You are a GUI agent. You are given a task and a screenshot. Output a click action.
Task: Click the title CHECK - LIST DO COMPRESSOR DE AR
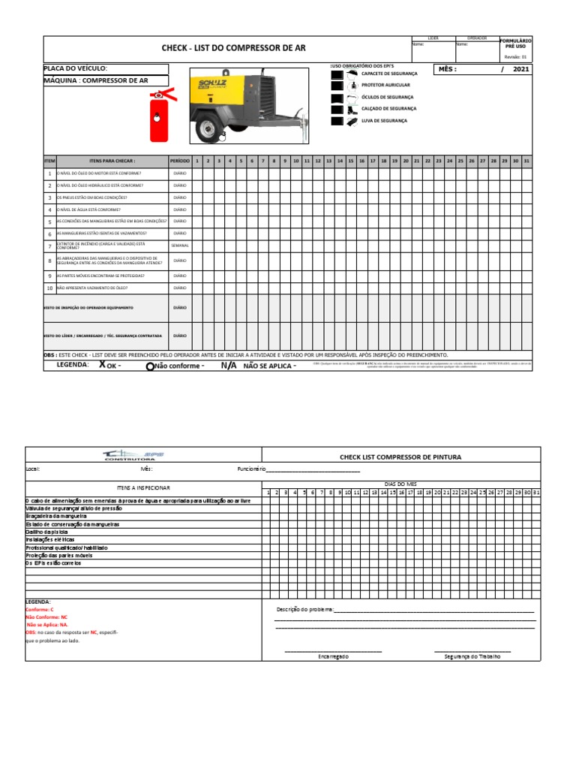(x=234, y=48)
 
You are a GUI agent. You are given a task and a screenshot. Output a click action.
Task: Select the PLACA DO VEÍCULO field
(x=105, y=68)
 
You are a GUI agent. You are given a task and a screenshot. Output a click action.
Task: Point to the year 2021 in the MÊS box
(x=521, y=69)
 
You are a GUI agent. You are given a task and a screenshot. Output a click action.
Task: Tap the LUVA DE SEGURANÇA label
(x=384, y=120)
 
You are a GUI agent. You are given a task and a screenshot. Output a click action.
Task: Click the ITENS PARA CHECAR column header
(x=112, y=161)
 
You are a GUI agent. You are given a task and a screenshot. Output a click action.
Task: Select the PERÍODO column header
(x=180, y=161)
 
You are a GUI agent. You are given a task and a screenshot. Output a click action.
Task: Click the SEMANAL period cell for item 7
(x=180, y=246)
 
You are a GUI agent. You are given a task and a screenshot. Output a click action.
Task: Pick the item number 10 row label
(x=49, y=288)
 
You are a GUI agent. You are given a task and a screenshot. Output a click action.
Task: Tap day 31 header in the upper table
(x=526, y=161)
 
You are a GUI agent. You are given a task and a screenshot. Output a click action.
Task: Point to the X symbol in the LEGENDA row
(x=102, y=365)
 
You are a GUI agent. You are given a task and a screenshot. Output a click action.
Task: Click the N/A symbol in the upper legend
(x=228, y=366)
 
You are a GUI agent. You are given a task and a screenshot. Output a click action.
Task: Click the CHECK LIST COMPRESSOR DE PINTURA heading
(x=400, y=457)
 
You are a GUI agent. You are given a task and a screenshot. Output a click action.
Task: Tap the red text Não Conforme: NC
(x=47, y=617)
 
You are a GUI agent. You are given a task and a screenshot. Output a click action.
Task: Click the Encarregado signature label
(x=333, y=656)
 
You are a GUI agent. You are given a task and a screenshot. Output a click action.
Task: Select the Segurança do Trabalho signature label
(x=472, y=656)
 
